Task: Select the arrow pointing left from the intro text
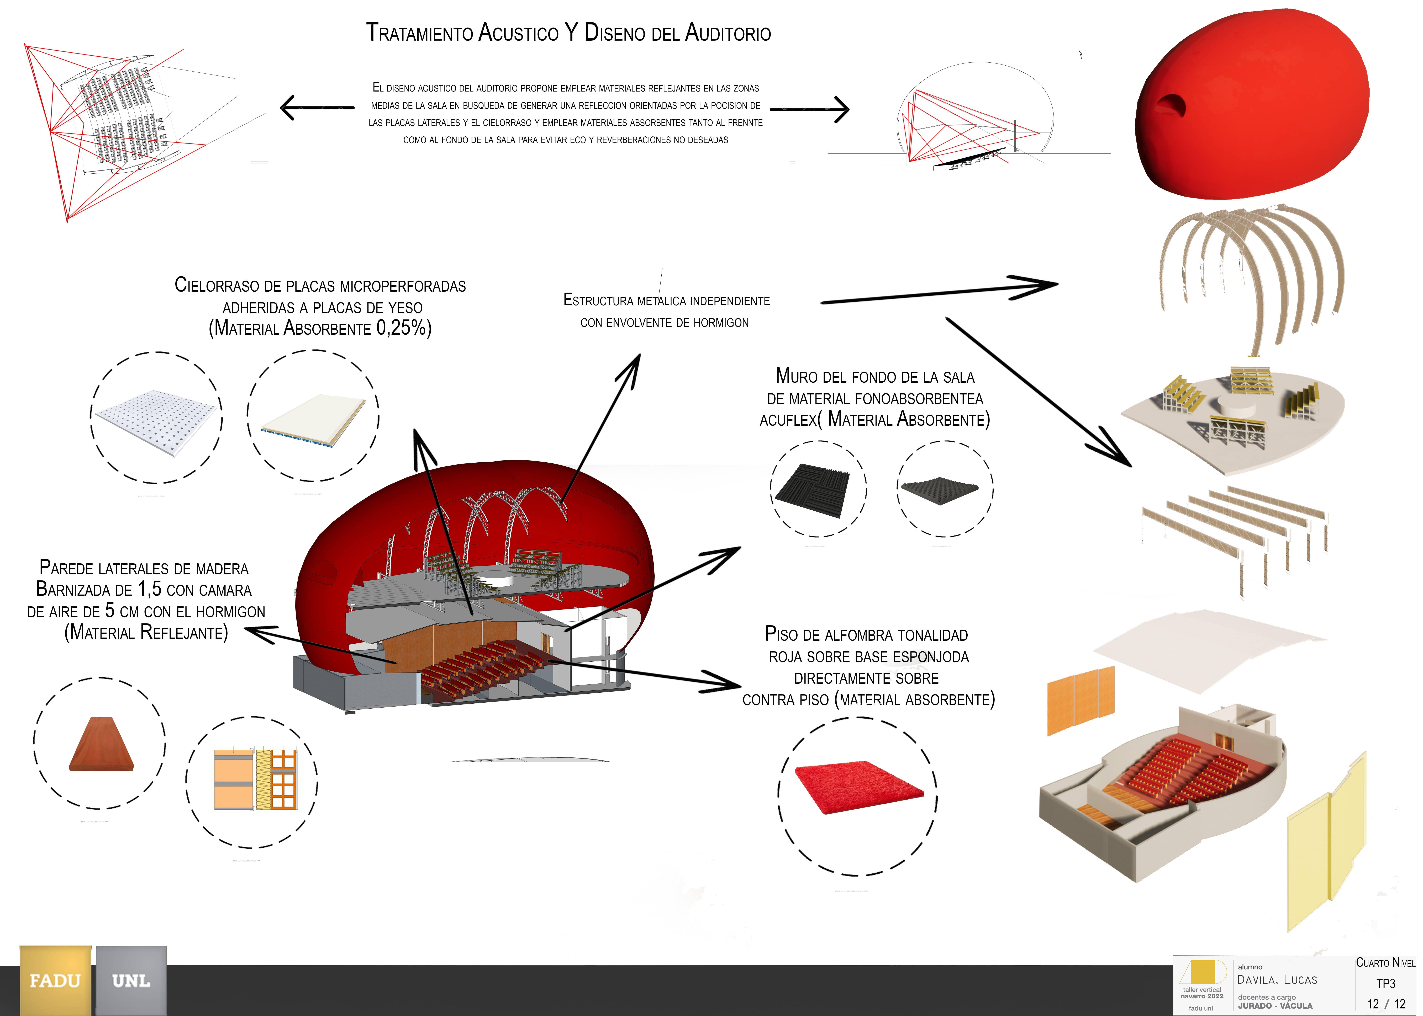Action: pos(316,108)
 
